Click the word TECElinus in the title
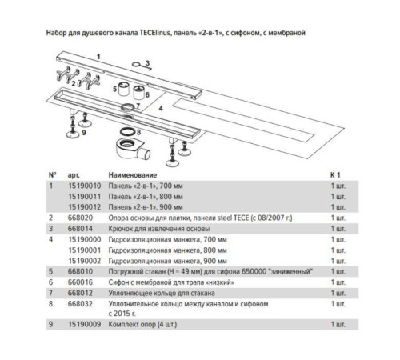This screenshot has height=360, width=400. (x=154, y=33)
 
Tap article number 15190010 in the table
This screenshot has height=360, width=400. (x=85, y=186)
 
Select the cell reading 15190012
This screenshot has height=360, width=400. (x=85, y=207)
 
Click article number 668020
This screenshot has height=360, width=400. (x=80, y=218)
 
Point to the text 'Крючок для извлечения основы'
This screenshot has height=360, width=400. (x=159, y=229)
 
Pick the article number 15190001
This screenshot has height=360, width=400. (x=85, y=250)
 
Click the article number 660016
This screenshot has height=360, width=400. (x=80, y=282)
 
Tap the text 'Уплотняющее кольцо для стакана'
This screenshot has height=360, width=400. (x=162, y=293)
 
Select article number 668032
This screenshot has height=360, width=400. (x=80, y=304)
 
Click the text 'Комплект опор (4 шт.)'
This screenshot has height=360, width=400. (x=142, y=325)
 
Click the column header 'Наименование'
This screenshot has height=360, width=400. (x=133, y=175)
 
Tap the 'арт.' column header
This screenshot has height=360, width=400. (x=74, y=175)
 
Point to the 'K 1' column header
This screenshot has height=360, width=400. (x=335, y=175)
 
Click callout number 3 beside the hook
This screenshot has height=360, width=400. (x=147, y=63)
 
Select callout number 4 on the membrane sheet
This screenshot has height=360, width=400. (x=161, y=108)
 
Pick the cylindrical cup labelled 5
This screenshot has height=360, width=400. (x=124, y=89)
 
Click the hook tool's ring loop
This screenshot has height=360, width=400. (x=136, y=64)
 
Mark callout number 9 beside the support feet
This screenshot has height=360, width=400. (x=84, y=133)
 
